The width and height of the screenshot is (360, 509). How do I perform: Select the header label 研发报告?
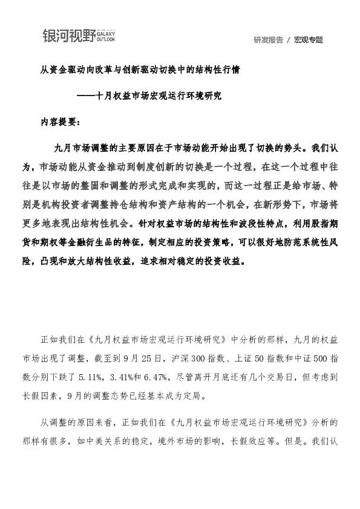(x=268, y=40)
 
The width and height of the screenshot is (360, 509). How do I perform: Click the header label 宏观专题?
(x=309, y=40)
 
